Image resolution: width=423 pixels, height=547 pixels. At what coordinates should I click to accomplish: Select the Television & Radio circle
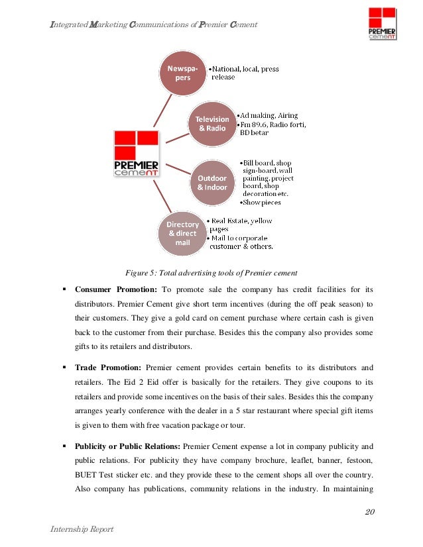pos(212,123)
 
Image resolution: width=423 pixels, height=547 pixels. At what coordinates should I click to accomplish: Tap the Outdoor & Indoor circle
pos(212,182)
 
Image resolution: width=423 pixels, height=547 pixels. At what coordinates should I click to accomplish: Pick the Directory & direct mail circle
pos(182,233)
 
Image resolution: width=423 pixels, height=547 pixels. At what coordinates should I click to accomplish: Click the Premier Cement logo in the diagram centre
pos(136,154)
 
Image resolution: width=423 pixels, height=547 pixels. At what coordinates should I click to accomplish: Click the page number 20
pos(369,512)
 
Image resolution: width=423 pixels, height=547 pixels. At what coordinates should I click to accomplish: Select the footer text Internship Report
pos(82,529)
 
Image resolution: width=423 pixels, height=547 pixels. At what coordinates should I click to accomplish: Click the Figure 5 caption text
pos(211,273)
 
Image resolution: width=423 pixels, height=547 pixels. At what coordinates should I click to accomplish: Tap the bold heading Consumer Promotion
pos(116,289)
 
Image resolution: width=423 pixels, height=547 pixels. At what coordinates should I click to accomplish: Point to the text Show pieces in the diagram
pos(262,202)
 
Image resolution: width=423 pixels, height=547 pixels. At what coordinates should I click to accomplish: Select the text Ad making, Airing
pos(270,113)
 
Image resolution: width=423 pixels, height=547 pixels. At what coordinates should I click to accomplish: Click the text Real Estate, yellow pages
pos(240,224)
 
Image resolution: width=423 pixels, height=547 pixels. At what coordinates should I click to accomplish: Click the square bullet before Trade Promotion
pos(64,367)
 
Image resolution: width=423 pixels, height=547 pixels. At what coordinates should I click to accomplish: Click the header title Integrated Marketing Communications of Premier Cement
pos(154,25)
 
